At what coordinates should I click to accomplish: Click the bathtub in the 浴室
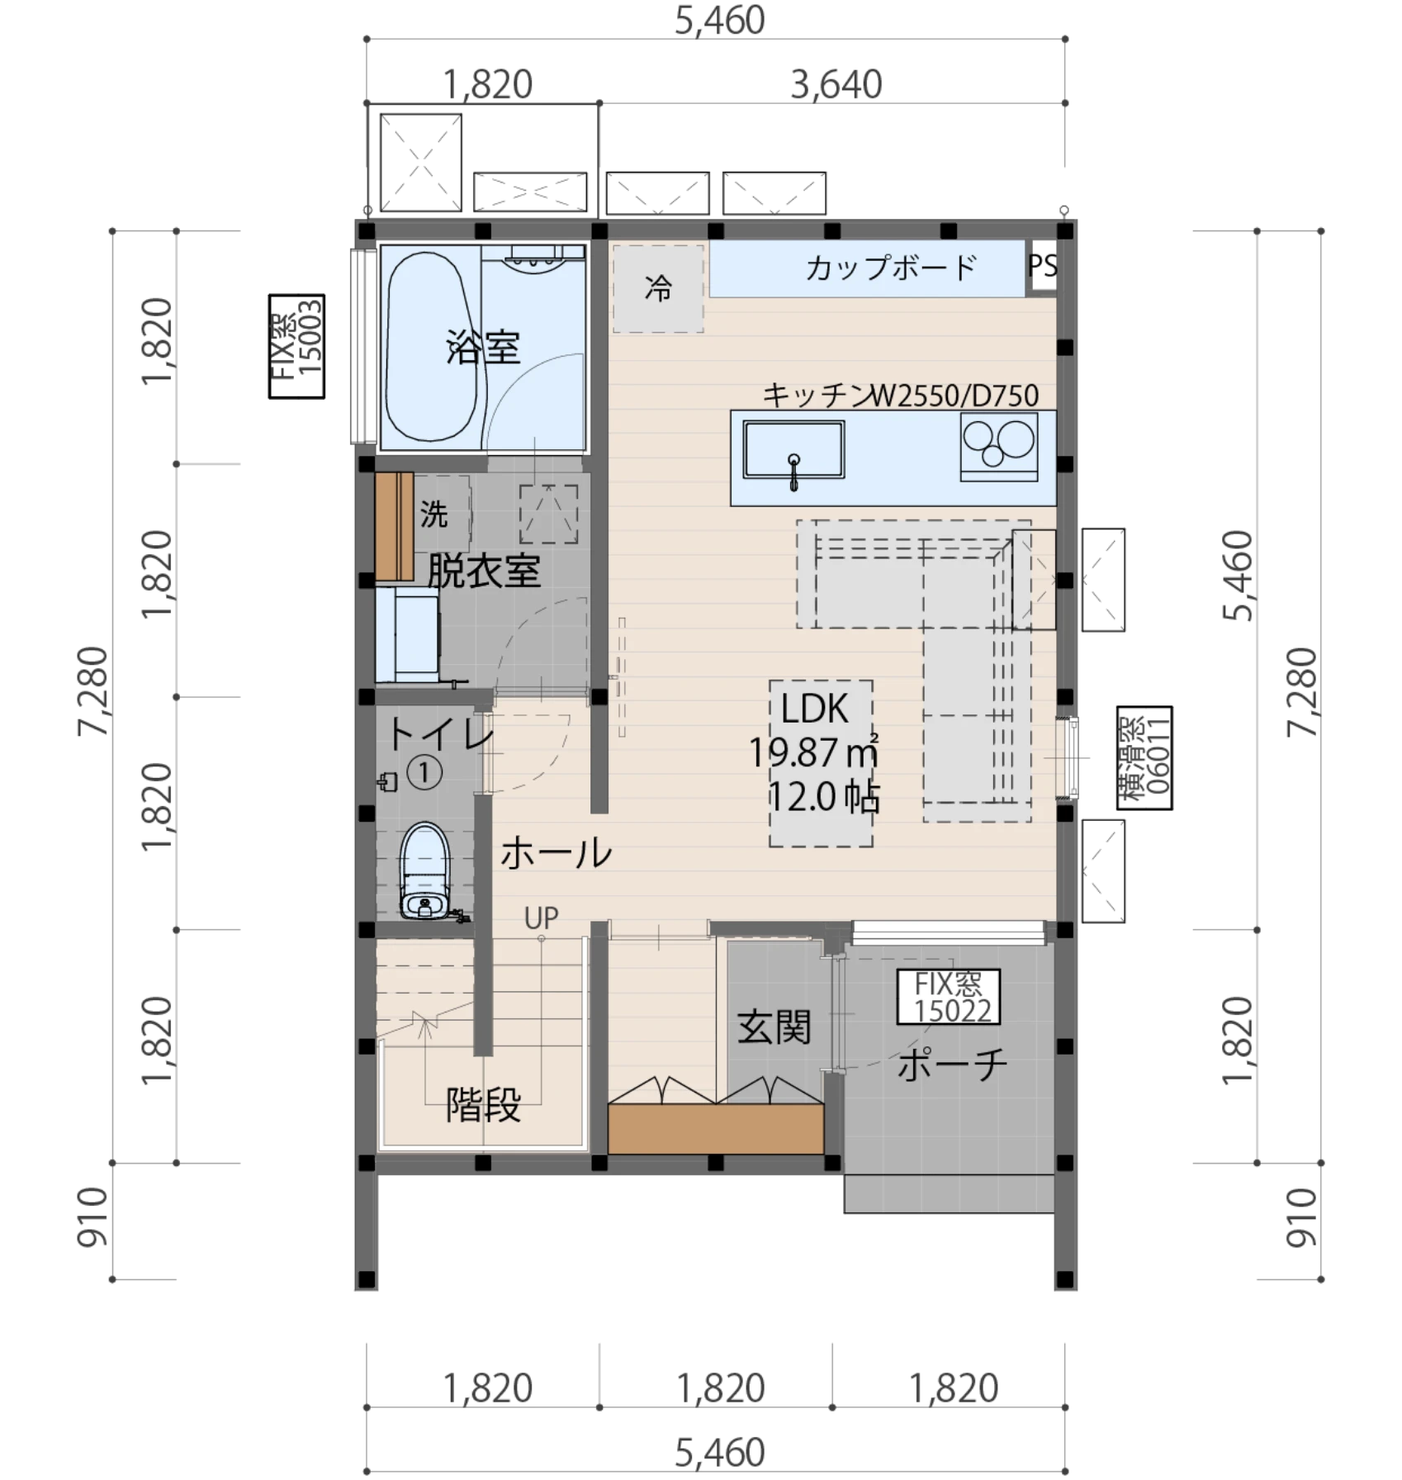click(433, 347)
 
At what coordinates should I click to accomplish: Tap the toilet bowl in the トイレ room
click(425, 870)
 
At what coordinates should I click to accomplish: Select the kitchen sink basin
click(793, 449)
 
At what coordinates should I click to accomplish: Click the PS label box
click(1042, 266)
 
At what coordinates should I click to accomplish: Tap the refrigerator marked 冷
click(658, 288)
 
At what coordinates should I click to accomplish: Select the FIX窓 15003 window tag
click(296, 346)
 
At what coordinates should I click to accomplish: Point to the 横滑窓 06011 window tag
click(1144, 757)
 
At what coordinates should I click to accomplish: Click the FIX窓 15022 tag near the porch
click(949, 997)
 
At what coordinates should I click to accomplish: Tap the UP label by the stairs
click(542, 918)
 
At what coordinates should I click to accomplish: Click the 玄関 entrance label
click(774, 1027)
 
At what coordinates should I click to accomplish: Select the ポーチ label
click(952, 1065)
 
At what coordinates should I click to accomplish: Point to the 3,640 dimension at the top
click(836, 84)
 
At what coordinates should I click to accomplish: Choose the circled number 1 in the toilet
click(424, 773)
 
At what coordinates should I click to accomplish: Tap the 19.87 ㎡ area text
click(813, 752)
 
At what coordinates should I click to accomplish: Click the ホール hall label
click(557, 852)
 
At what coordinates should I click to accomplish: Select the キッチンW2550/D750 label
click(900, 396)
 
